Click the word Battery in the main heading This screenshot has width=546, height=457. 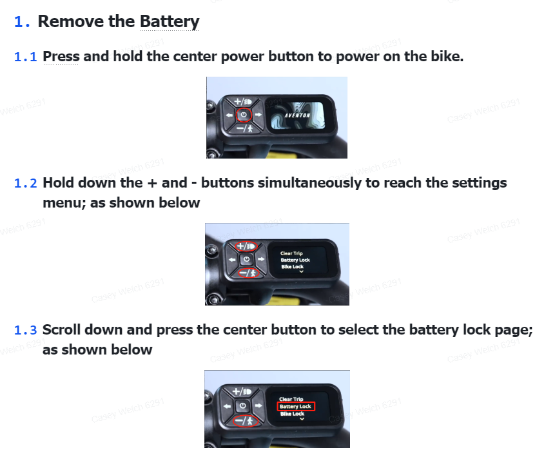170,21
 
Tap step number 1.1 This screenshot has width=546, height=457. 25,57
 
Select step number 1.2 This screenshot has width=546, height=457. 25,183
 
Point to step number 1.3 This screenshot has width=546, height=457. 25,330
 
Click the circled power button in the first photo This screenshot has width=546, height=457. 244,115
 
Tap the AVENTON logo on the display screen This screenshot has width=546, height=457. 297,115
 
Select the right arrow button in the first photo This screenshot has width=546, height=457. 258,115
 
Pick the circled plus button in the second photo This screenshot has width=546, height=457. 246,246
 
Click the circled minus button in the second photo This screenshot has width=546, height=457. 248,273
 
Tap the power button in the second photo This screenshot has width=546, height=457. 246,259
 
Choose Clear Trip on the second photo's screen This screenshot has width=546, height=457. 291,253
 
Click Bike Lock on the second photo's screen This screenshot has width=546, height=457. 293,267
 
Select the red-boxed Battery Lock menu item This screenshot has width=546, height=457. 296,407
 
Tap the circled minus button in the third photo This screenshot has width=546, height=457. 246,421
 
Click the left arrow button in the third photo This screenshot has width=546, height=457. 228,406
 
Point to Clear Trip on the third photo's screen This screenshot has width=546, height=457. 291,399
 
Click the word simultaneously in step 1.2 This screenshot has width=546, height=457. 309,183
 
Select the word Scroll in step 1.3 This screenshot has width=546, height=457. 61,329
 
